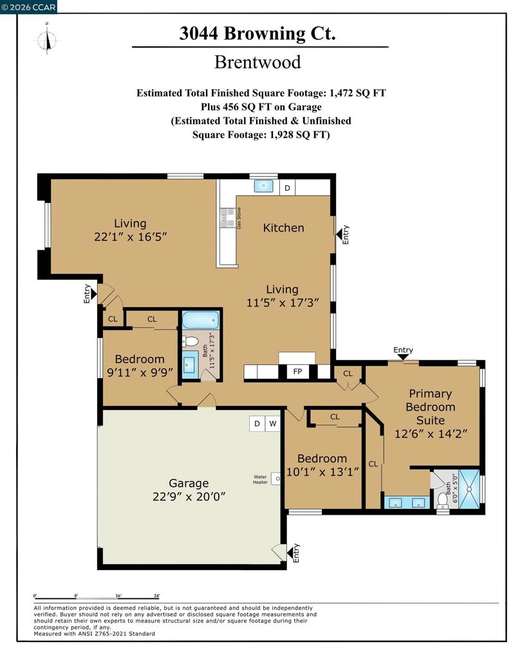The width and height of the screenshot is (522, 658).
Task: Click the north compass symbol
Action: (x=47, y=39)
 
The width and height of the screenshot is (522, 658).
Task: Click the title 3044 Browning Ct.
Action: (x=257, y=33)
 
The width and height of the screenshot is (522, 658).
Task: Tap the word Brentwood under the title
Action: (x=257, y=62)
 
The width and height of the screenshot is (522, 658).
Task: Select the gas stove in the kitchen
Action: (x=227, y=218)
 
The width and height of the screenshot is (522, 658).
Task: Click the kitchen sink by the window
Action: (x=263, y=186)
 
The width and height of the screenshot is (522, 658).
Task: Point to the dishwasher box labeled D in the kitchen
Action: (x=288, y=188)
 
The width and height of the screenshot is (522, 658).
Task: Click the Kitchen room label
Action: (x=283, y=227)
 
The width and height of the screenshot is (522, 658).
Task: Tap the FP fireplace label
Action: (x=297, y=372)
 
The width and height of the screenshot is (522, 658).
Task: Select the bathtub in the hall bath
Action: (x=200, y=320)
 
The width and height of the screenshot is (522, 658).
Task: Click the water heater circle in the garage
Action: (x=275, y=479)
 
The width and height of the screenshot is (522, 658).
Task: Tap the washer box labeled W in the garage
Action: (x=273, y=423)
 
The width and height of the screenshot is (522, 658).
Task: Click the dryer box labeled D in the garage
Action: (x=257, y=423)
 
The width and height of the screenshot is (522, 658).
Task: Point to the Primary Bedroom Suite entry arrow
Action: (x=403, y=356)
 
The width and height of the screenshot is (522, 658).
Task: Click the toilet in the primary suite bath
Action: (x=443, y=499)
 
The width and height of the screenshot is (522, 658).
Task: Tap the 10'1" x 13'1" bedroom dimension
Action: (x=322, y=472)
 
